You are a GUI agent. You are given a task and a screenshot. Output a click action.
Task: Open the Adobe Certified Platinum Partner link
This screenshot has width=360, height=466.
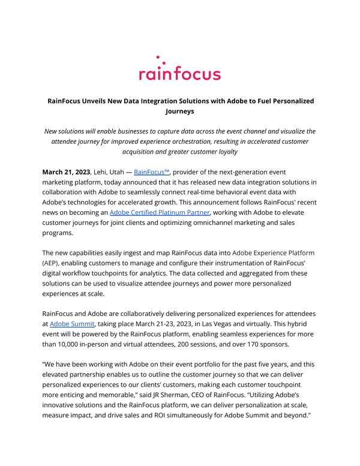pos(159,205)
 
